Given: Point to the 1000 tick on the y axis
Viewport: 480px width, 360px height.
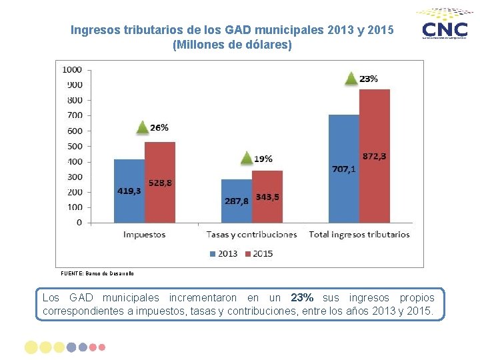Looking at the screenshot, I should point(72,69).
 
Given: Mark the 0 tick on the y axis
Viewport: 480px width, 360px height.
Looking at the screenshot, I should point(79,223).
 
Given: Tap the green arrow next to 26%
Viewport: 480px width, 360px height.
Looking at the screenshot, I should point(141,127).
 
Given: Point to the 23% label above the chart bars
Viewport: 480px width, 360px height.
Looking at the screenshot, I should point(369,79).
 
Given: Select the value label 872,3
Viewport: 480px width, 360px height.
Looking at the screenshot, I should point(374,156).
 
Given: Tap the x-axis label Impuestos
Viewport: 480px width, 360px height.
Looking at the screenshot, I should point(144,235).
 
